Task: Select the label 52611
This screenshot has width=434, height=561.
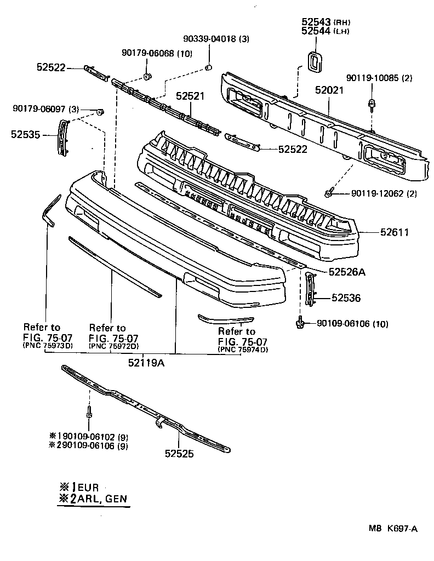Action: point(395,232)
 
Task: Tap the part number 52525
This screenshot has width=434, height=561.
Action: point(179,453)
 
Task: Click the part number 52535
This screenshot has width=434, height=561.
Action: point(25,133)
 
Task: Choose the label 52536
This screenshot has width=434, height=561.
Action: point(346,298)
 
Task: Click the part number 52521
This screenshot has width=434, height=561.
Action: point(190,96)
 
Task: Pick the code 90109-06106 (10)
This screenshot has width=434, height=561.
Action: point(352,324)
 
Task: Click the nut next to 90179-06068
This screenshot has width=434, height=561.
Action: point(147,75)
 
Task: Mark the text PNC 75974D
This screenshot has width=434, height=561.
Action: point(243,349)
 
